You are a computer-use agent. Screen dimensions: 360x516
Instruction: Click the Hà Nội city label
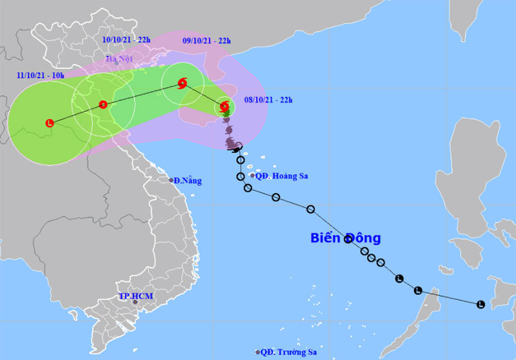[x=119, y=60]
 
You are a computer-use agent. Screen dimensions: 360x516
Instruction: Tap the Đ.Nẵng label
[x=189, y=181]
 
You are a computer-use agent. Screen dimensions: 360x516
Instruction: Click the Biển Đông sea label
[x=345, y=238]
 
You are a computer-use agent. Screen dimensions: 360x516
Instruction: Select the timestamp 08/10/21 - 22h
[x=269, y=99]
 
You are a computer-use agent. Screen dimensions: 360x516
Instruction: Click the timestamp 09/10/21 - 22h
[x=207, y=40]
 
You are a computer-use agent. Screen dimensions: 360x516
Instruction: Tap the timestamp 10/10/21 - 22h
[x=126, y=39]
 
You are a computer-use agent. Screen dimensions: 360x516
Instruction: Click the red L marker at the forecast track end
[x=50, y=123]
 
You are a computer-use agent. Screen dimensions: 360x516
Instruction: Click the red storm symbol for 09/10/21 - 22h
[x=183, y=83]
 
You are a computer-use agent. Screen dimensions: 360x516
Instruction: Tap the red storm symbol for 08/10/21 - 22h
[x=224, y=106]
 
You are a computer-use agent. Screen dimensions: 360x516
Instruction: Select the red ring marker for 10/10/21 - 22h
[x=103, y=105]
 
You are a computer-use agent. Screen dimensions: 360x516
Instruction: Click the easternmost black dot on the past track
[x=481, y=305]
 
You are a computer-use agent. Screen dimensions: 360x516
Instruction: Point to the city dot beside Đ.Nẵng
[x=172, y=180]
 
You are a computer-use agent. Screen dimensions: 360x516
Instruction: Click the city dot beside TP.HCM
[x=135, y=302]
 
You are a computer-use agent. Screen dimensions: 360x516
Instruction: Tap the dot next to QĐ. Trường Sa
[x=257, y=352]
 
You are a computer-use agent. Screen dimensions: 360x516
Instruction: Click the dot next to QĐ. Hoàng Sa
[x=252, y=175]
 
